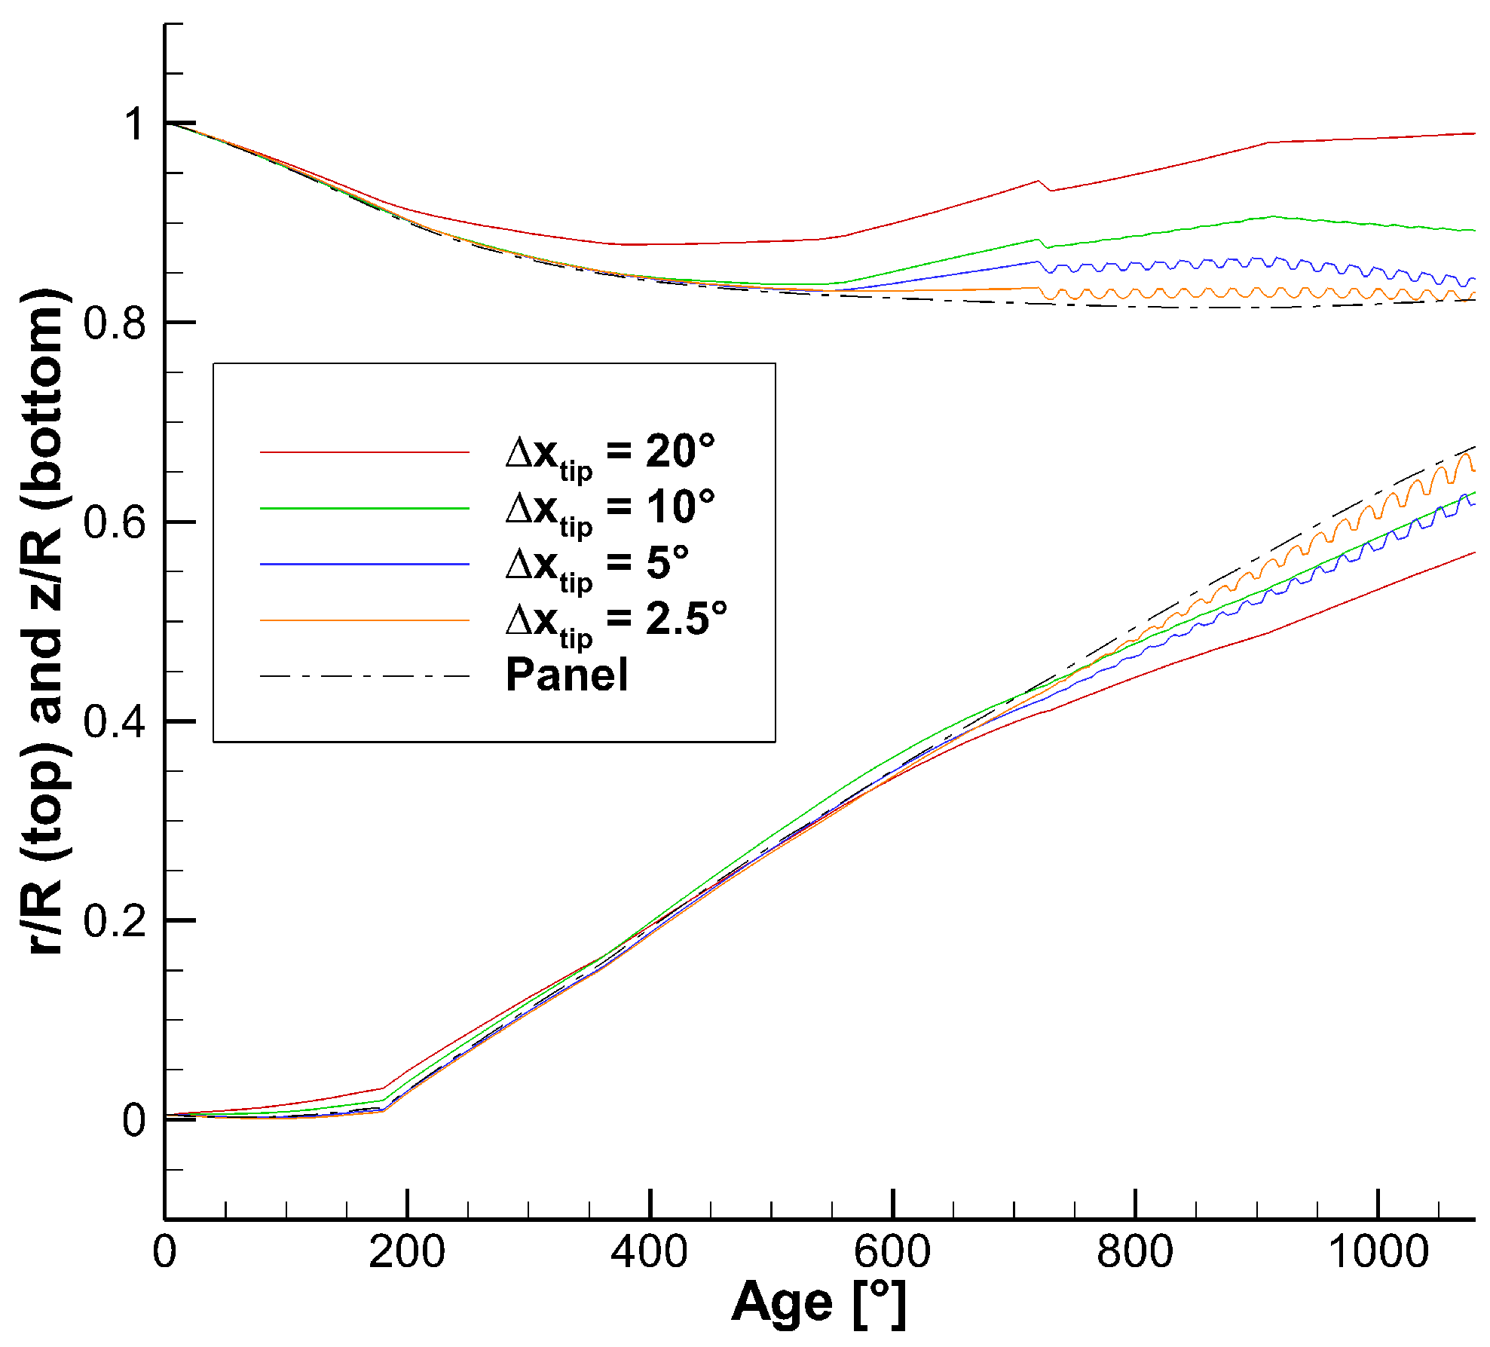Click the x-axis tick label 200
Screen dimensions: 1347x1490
406,1252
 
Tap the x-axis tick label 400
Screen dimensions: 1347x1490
649,1252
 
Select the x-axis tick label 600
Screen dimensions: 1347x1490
892,1252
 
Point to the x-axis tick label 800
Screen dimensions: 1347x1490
1134,1252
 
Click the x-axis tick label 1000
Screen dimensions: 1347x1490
1377,1252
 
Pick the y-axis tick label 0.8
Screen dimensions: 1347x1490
114,323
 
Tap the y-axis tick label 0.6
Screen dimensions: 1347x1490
114,522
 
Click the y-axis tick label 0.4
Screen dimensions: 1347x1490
114,722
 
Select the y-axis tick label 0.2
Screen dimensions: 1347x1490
114,921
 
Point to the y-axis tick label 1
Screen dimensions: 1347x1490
134,124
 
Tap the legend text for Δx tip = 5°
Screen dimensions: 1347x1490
597,566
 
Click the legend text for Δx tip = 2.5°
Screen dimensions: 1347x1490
616,622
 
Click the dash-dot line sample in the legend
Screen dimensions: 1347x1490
365,676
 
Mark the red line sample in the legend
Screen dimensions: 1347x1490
365,452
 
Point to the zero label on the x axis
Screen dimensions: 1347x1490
164,1252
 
